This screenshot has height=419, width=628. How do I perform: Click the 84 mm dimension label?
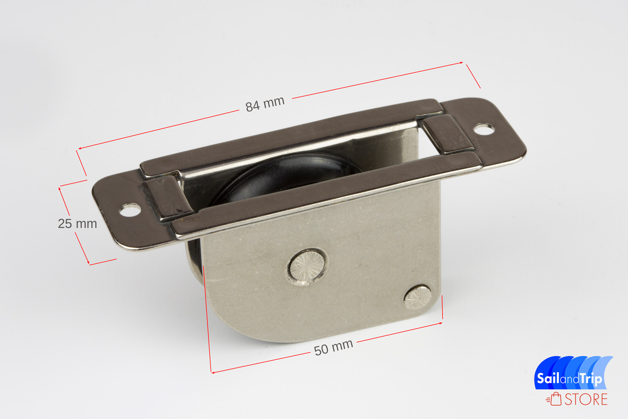tap(265, 104)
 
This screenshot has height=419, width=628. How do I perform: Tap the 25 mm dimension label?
tap(77, 224)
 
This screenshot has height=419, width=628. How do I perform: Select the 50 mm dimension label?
tap(333, 347)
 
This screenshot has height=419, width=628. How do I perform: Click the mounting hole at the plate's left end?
tap(130, 210)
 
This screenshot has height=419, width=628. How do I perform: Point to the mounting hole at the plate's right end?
tap(484, 129)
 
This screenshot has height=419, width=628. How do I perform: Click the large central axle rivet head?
tap(307, 267)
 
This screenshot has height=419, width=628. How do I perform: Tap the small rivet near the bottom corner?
tap(418, 297)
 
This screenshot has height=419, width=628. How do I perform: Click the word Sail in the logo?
tap(548, 378)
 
